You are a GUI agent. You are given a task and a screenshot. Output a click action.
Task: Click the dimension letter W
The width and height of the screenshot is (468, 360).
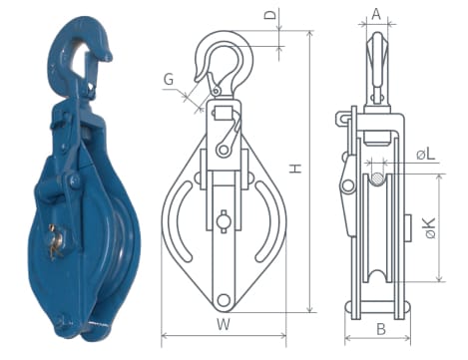[224, 324]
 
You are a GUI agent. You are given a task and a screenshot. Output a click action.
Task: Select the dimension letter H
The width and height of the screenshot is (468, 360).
[295, 169]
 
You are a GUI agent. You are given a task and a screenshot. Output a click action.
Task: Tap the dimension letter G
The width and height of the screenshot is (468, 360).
[169, 80]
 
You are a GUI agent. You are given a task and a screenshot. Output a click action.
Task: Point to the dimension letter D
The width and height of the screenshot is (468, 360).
[271, 15]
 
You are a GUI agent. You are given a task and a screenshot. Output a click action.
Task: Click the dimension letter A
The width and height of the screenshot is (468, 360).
[376, 14]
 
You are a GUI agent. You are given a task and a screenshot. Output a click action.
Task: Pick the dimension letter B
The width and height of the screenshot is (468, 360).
[381, 329]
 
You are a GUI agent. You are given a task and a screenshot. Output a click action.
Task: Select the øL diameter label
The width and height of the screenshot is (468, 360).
[426, 154]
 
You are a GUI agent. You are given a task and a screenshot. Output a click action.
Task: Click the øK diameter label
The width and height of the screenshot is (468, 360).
[430, 228]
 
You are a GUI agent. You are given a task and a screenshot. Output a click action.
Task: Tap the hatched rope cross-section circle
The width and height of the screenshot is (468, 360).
[377, 180]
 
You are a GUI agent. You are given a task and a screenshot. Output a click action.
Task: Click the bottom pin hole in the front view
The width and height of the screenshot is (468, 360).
[224, 300]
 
